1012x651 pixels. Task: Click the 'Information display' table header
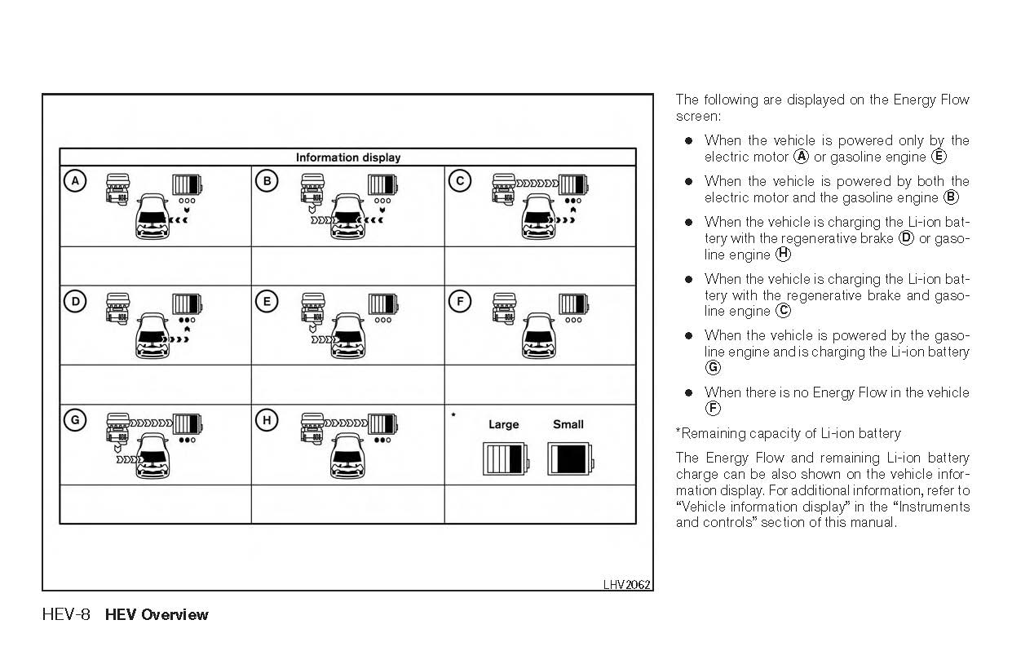tap(348, 157)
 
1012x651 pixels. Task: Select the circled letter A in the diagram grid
tap(75, 181)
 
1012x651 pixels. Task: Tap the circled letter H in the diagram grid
tap(267, 420)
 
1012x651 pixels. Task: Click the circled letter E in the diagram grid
tap(267, 301)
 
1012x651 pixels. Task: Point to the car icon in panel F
tap(545, 335)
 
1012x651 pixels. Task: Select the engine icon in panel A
tap(119, 187)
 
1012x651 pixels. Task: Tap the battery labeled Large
tap(505, 459)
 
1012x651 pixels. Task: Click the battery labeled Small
tap(569, 459)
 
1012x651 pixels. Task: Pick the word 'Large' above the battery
tap(503, 424)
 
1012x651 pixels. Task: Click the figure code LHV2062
tap(626, 584)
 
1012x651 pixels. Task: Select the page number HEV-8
tap(66, 614)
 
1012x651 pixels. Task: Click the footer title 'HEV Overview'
tap(157, 614)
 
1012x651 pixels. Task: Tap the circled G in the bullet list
tap(714, 368)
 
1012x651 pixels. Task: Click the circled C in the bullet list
tap(784, 311)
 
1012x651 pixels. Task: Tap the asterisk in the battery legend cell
tap(453, 415)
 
